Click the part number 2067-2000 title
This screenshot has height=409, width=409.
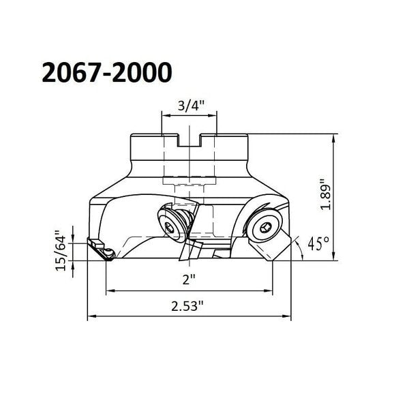107,72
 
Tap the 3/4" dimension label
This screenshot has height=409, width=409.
191,106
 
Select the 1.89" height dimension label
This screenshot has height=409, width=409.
326,194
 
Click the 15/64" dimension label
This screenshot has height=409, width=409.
61,251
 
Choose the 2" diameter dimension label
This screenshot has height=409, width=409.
189,280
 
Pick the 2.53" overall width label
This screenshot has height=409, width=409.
187,306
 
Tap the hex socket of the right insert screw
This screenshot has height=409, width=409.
264,228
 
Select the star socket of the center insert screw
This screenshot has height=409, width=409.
170,228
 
